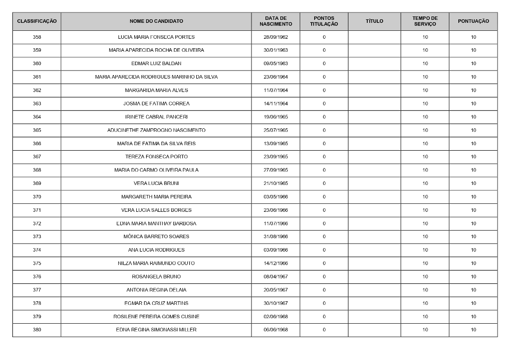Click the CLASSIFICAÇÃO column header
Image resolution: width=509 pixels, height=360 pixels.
point(37,21)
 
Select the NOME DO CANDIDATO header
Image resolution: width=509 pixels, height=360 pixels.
point(156,21)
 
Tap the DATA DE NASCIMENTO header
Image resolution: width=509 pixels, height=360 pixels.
point(275,21)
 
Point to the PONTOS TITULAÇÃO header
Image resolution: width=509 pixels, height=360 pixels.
point(324,21)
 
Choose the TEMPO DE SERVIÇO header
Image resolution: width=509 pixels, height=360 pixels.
point(425,21)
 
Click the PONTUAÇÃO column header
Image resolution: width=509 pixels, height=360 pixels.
point(473,21)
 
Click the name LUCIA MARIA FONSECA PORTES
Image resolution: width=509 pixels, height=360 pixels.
point(156,37)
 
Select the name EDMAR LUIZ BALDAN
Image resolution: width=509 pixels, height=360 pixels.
point(156,64)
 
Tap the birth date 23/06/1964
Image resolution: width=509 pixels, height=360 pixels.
point(275,77)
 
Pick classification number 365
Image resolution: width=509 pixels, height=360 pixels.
point(37,130)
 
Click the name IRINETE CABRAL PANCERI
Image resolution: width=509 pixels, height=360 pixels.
point(156,117)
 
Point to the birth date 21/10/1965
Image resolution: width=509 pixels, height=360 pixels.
point(275,183)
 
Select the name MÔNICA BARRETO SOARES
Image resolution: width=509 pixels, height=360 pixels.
point(156,237)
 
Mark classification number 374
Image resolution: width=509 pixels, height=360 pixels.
point(37,250)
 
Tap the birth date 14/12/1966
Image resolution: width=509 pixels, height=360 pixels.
point(275,264)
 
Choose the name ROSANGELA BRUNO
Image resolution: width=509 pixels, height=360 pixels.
point(156,276)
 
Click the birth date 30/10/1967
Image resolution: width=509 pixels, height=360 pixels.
point(275,303)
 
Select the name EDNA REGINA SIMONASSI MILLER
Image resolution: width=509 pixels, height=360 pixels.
point(156,330)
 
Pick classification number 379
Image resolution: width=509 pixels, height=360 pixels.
point(37,317)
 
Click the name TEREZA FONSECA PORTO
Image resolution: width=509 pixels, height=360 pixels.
point(156,157)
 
